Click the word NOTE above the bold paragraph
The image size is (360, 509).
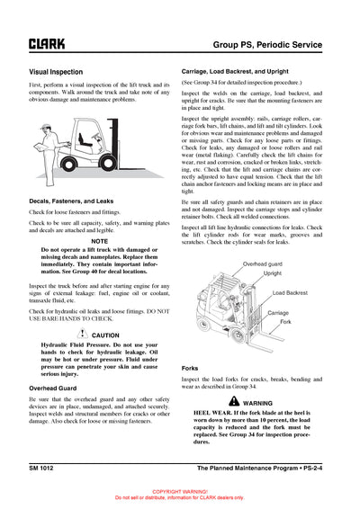[101, 241]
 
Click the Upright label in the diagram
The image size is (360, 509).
[274, 272]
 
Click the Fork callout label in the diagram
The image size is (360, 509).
[284, 322]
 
